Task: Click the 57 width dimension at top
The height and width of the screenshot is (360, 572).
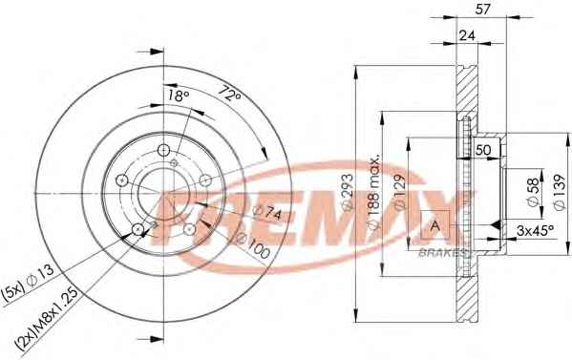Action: pos(482,10)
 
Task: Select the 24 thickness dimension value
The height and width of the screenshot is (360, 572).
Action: pos(468,35)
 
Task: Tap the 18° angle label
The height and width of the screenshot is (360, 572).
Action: pos(179,95)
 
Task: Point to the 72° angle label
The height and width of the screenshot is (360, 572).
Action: pos(230,93)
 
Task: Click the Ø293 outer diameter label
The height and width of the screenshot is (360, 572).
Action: pos(348,192)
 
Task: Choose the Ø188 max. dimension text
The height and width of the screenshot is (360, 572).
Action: pos(374,192)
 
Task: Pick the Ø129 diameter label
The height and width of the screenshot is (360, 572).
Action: pos(399,192)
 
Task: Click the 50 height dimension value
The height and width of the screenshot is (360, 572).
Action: pos(483,150)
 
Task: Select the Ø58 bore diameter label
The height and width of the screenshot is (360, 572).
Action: pos(533,193)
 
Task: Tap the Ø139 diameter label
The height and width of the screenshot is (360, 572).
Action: pos(559,192)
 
